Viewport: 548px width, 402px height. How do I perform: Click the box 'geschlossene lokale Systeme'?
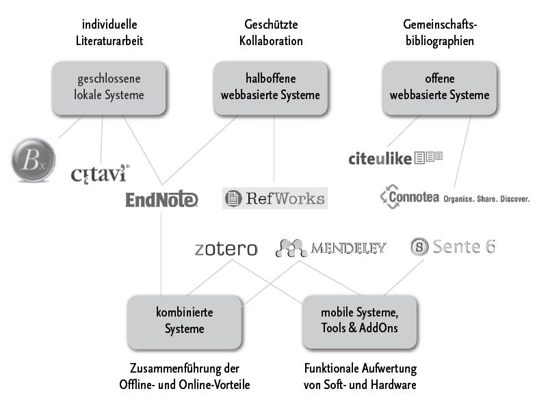(109, 88)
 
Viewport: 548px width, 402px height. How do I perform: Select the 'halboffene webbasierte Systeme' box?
(270, 88)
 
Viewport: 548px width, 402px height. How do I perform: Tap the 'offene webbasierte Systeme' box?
(439, 88)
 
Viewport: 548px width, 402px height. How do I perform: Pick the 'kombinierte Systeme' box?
(185, 320)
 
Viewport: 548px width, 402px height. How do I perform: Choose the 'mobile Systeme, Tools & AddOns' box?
(359, 320)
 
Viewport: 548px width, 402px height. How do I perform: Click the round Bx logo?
(33, 160)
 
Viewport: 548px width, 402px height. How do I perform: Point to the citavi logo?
(100, 173)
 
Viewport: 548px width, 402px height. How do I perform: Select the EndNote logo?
(161, 200)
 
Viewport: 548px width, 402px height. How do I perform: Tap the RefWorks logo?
(275, 198)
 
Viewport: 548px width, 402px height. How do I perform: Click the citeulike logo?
(395, 159)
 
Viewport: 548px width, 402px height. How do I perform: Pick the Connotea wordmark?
(409, 198)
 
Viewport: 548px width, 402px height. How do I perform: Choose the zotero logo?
(226, 248)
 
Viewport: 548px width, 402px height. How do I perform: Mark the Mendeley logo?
(331, 247)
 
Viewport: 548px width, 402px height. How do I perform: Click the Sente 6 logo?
(452, 247)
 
